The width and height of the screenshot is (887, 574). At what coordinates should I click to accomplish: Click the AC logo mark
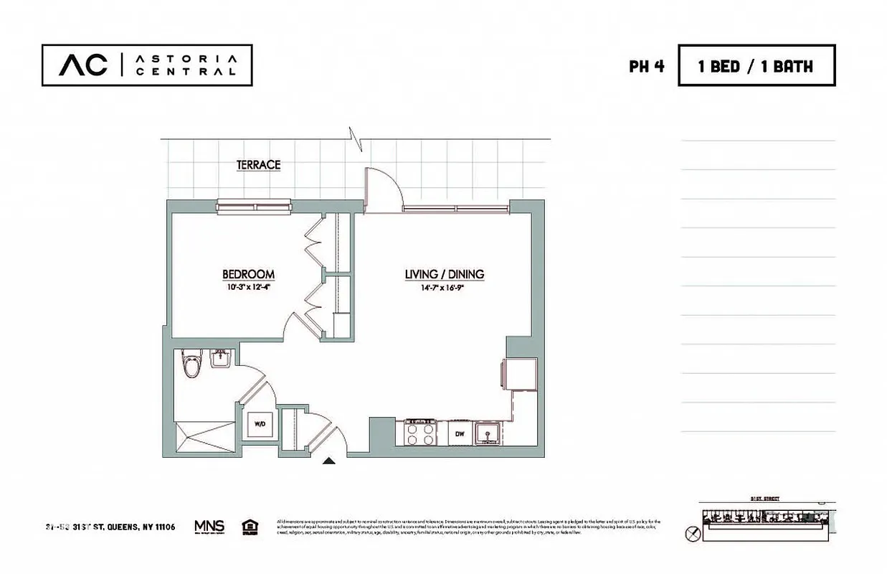[83, 65]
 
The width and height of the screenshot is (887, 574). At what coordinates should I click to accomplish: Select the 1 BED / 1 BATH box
[756, 66]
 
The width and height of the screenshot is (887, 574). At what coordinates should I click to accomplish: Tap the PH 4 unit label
[646, 67]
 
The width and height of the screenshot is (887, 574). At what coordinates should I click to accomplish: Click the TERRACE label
[258, 165]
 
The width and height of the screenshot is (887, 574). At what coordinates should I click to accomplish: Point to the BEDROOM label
[248, 274]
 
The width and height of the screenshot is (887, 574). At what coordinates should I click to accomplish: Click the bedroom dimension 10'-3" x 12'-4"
[248, 287]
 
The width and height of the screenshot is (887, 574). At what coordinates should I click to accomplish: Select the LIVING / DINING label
[444, 274]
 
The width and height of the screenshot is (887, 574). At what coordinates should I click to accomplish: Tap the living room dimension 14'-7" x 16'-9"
[444, 287]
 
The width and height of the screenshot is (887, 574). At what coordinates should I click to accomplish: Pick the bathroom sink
[220, 359]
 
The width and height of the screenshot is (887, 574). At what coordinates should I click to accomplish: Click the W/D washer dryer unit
[259, 424]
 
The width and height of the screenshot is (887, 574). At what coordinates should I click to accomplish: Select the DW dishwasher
[460, 433]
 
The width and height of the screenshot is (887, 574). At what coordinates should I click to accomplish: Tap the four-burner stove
[421, 433]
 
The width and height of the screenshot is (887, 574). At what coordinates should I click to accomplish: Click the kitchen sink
[490, 433]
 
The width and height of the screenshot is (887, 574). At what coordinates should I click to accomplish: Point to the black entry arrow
[328, 461]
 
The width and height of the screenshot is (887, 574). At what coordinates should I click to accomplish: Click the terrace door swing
[380, 189]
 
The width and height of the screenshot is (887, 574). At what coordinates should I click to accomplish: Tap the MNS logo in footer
[209, 527]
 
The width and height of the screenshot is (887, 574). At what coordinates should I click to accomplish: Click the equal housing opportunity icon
[250, 527]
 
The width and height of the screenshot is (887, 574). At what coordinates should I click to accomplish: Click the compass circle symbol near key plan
[691, 533]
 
